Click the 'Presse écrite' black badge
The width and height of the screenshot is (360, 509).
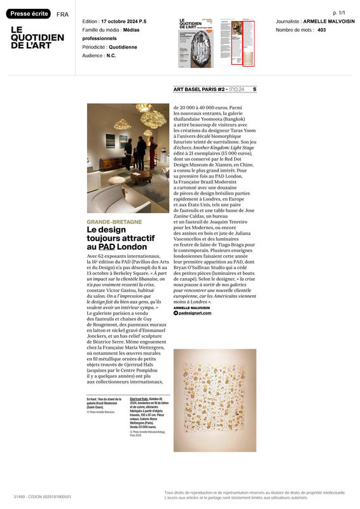[x=29, y=13]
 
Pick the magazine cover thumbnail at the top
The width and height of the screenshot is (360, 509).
[x=195, y=42]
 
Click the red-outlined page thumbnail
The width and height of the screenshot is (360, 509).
[x=237, y=42]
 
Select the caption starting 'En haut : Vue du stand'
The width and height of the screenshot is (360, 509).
[x=101, y=405]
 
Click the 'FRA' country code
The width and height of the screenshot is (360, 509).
[x=62, y=14]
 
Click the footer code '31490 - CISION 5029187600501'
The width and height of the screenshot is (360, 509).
[x=43, y=496]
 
